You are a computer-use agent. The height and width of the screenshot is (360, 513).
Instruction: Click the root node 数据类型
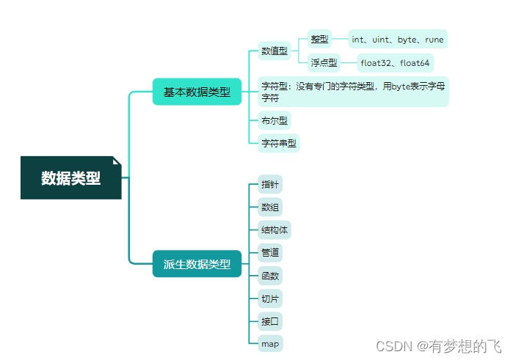(x=70, y=177)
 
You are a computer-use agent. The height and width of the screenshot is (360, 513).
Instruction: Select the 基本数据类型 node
(x=197, y=92)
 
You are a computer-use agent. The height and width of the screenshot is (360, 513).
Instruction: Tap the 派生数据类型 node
(x=197, y=264)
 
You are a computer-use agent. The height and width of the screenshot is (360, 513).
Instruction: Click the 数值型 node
(x=274, y=51)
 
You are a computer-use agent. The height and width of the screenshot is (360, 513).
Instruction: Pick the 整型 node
(x=319, y=39)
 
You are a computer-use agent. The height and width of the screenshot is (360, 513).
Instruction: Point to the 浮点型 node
(x=323, y=62)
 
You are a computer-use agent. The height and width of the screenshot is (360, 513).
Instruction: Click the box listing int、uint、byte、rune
(x=398, y=39)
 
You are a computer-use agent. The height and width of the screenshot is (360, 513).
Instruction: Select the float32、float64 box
(x=396, y=62)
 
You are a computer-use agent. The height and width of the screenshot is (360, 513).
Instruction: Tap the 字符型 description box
(x=353, y=92)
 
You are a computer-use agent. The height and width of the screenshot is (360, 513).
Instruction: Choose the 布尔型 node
(x=274, y=121)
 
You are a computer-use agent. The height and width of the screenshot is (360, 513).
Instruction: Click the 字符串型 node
(x=279, y=143)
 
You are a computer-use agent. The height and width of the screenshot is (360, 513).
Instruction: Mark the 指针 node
(x=269, y=185)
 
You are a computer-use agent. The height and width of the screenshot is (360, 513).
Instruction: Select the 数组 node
(x=269, y=207)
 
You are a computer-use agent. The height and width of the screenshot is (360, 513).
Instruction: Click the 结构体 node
(x=274, y=230)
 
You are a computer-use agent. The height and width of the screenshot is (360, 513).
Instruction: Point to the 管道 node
(x=269, y=253)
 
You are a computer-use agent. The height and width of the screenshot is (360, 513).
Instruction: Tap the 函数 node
(x=269, y=276)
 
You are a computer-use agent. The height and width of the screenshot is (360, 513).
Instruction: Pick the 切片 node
(x=269, y=298)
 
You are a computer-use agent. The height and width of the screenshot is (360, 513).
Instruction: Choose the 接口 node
(x=269, y=321)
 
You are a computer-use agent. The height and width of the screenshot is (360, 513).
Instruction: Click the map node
(x=269, y=343)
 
